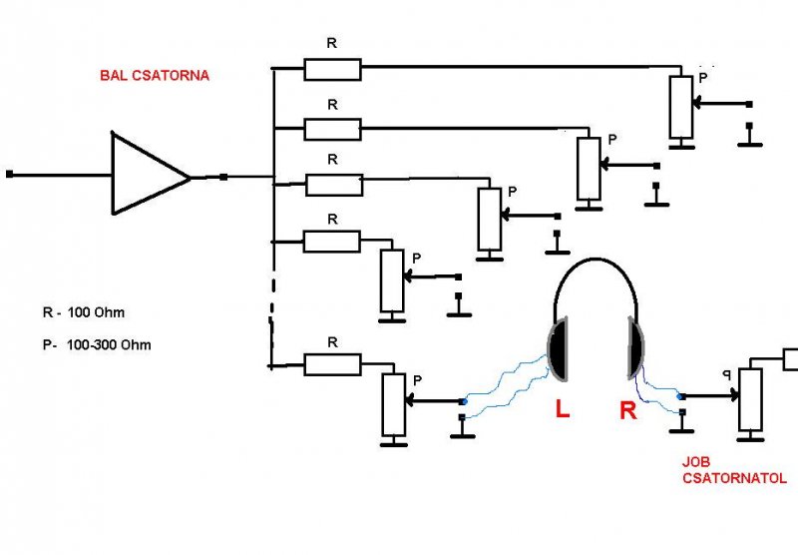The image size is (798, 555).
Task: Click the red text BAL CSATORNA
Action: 154,76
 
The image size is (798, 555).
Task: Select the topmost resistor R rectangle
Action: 332,69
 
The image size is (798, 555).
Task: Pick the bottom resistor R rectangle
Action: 332,364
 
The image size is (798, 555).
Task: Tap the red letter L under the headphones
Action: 562,409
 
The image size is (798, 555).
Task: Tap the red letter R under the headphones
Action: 627,410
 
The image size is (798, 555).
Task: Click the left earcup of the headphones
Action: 560,350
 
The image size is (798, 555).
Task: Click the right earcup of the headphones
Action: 635,350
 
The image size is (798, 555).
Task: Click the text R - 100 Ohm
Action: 84,312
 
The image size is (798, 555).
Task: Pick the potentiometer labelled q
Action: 750,399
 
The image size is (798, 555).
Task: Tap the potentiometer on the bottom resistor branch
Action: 393,404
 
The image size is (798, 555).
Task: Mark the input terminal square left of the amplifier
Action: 9,174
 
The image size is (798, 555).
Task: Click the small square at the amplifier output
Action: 223,177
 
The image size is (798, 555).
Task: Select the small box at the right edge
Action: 790,357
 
